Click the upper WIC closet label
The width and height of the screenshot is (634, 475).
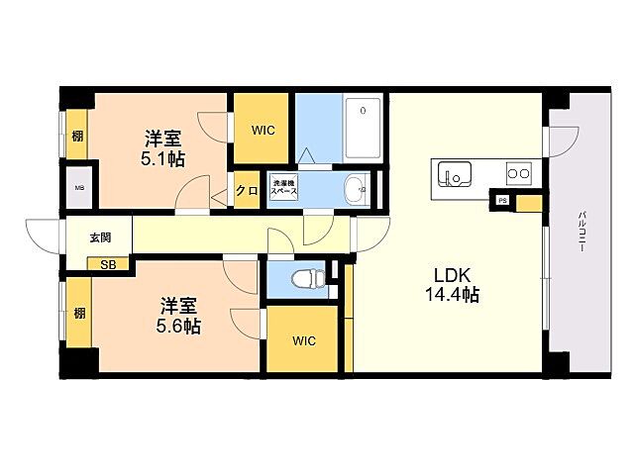point(262,128)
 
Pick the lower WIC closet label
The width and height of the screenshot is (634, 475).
point(303,340)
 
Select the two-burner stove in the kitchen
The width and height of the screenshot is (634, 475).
point(517,175)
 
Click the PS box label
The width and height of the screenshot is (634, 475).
point(503,201)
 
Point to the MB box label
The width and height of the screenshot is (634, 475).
point(76,189)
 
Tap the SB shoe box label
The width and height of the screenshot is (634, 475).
point(106,264)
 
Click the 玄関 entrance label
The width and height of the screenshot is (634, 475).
point(100,237)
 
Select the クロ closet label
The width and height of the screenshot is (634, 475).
point(247,191)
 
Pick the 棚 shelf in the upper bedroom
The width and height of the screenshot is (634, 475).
point(77,137)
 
